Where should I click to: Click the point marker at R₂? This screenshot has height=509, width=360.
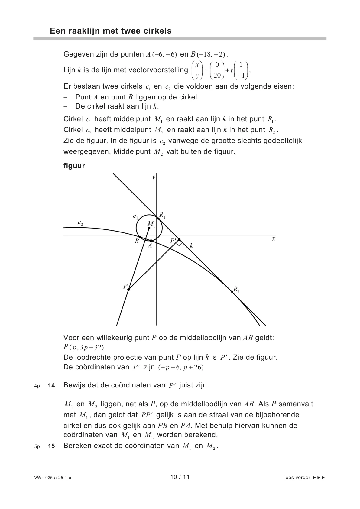point(232,292)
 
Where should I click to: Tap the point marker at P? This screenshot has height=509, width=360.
point(128,290)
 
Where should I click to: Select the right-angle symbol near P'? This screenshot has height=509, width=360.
point(179,243)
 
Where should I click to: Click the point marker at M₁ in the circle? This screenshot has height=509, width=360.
point(149,228)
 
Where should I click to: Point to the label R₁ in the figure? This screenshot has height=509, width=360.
point(162,215)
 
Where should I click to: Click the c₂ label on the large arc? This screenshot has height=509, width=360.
point(80,223)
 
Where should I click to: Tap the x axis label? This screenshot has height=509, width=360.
point(274,238)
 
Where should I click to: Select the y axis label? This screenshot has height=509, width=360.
point(153,177)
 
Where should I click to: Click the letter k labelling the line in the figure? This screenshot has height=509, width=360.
point(191,246)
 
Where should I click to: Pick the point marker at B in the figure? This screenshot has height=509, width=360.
point(140,237)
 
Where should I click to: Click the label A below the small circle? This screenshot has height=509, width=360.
point(150,246)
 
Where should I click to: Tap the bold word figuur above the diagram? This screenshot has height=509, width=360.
point(74,166)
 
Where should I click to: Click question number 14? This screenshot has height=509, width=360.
point(51,385)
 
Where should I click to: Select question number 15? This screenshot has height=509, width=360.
point(51,446)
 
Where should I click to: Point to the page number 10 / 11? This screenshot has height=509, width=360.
point(180,477)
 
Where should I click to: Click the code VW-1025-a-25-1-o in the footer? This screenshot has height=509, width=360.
point(53,478)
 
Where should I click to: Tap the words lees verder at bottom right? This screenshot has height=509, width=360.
point(297,478)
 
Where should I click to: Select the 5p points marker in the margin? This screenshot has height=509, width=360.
point(37,446)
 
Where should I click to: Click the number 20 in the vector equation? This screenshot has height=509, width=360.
point(217,76)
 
